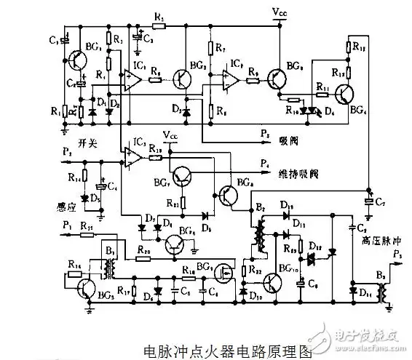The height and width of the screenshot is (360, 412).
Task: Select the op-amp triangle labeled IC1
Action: point(132,79)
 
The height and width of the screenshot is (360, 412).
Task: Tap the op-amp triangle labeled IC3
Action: point(132,153)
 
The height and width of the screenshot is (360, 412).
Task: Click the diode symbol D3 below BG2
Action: point(187,112)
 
